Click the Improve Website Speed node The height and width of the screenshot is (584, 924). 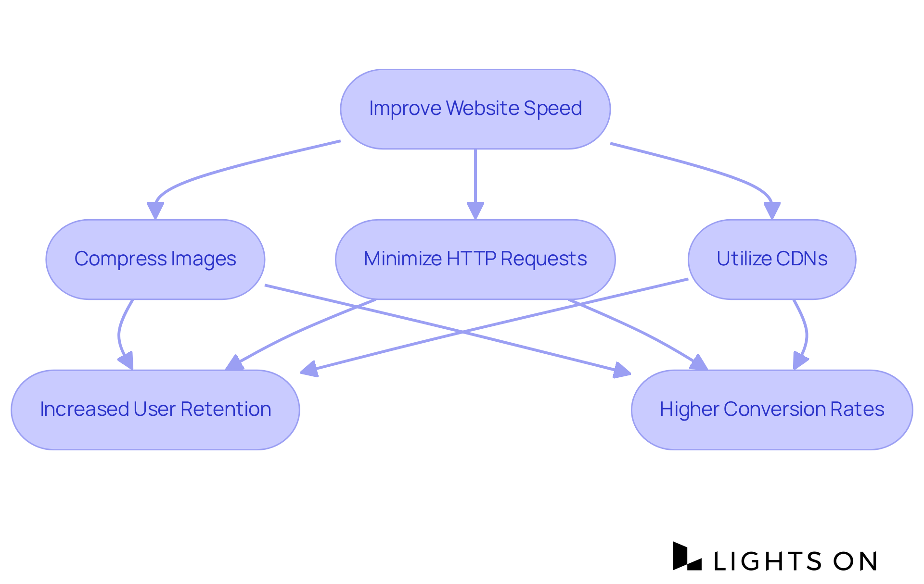(475, 109)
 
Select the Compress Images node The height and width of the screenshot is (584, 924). (155, 259)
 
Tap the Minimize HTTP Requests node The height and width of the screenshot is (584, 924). (475, 259)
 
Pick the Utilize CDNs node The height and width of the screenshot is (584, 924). (771, 259)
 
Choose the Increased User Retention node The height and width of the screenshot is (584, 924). (155, 410)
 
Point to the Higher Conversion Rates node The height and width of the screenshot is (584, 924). (771, 410)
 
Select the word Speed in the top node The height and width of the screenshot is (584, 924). (552, 109)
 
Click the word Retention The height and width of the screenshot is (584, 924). (226, 410)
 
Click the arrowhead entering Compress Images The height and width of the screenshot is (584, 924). (155, 211)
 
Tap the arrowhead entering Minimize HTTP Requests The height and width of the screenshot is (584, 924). (475, 211)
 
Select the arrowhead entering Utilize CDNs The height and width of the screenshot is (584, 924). (772, 211)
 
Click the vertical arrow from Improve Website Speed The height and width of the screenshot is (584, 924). (475, 178)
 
